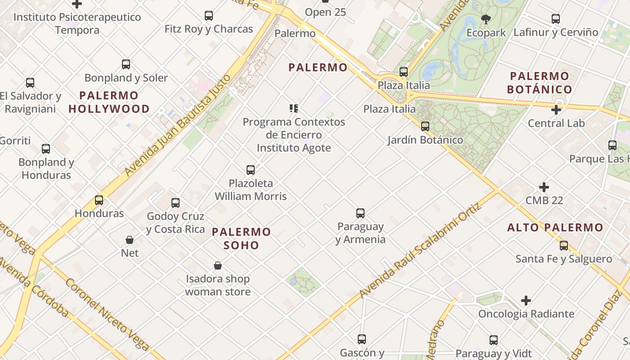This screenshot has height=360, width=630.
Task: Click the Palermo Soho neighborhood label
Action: click(x=241, y=238)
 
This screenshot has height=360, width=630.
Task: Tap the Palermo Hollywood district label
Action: click(x=109, y=102)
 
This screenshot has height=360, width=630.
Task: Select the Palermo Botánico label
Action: click(x=540, y=82)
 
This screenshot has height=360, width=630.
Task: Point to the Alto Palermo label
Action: click(x=555, y=228)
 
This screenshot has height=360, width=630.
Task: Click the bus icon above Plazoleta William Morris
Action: click(x=251, y=170)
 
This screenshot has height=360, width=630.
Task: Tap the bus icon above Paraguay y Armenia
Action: click(x=360, y=213)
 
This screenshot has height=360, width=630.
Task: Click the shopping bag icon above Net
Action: click(x=130, y=240)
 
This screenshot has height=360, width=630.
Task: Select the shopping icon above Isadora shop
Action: click(x=218, y=266)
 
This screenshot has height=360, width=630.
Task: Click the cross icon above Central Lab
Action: click(x=556, y=110)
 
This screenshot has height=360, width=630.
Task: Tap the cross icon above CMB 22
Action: click(x=544, y=187)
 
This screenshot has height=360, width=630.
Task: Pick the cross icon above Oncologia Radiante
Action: click(x=526, y=301)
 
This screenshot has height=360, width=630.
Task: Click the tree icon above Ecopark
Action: click(x=486, y=19)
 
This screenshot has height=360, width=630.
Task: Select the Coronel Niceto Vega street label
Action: click(x=107, y=314)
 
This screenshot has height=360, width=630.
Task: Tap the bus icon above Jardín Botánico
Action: click(x=425, y=126)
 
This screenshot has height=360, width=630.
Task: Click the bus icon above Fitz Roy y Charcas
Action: click(x=209, y=16)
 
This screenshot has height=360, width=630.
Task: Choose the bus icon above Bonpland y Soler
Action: click(x=126, y=64)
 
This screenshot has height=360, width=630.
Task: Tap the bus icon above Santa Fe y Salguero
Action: click(x=564, y=246)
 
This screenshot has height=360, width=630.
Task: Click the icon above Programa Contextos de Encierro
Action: click(x=294, y=108)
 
